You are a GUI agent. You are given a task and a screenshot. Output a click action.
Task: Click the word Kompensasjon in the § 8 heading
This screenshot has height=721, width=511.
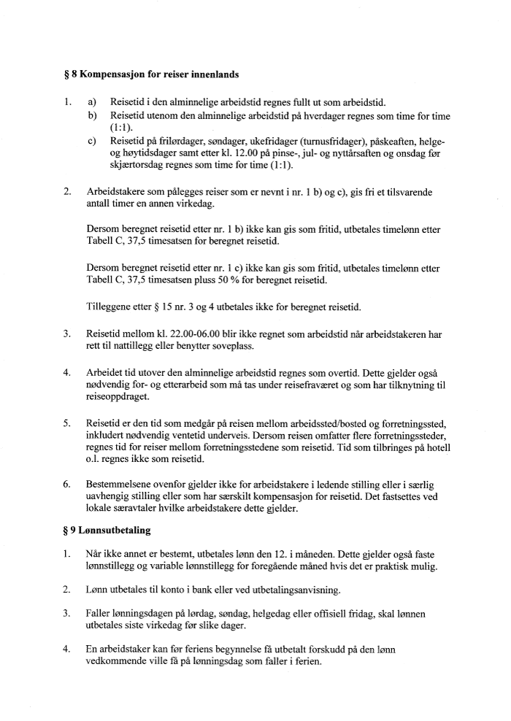[112, 74]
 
